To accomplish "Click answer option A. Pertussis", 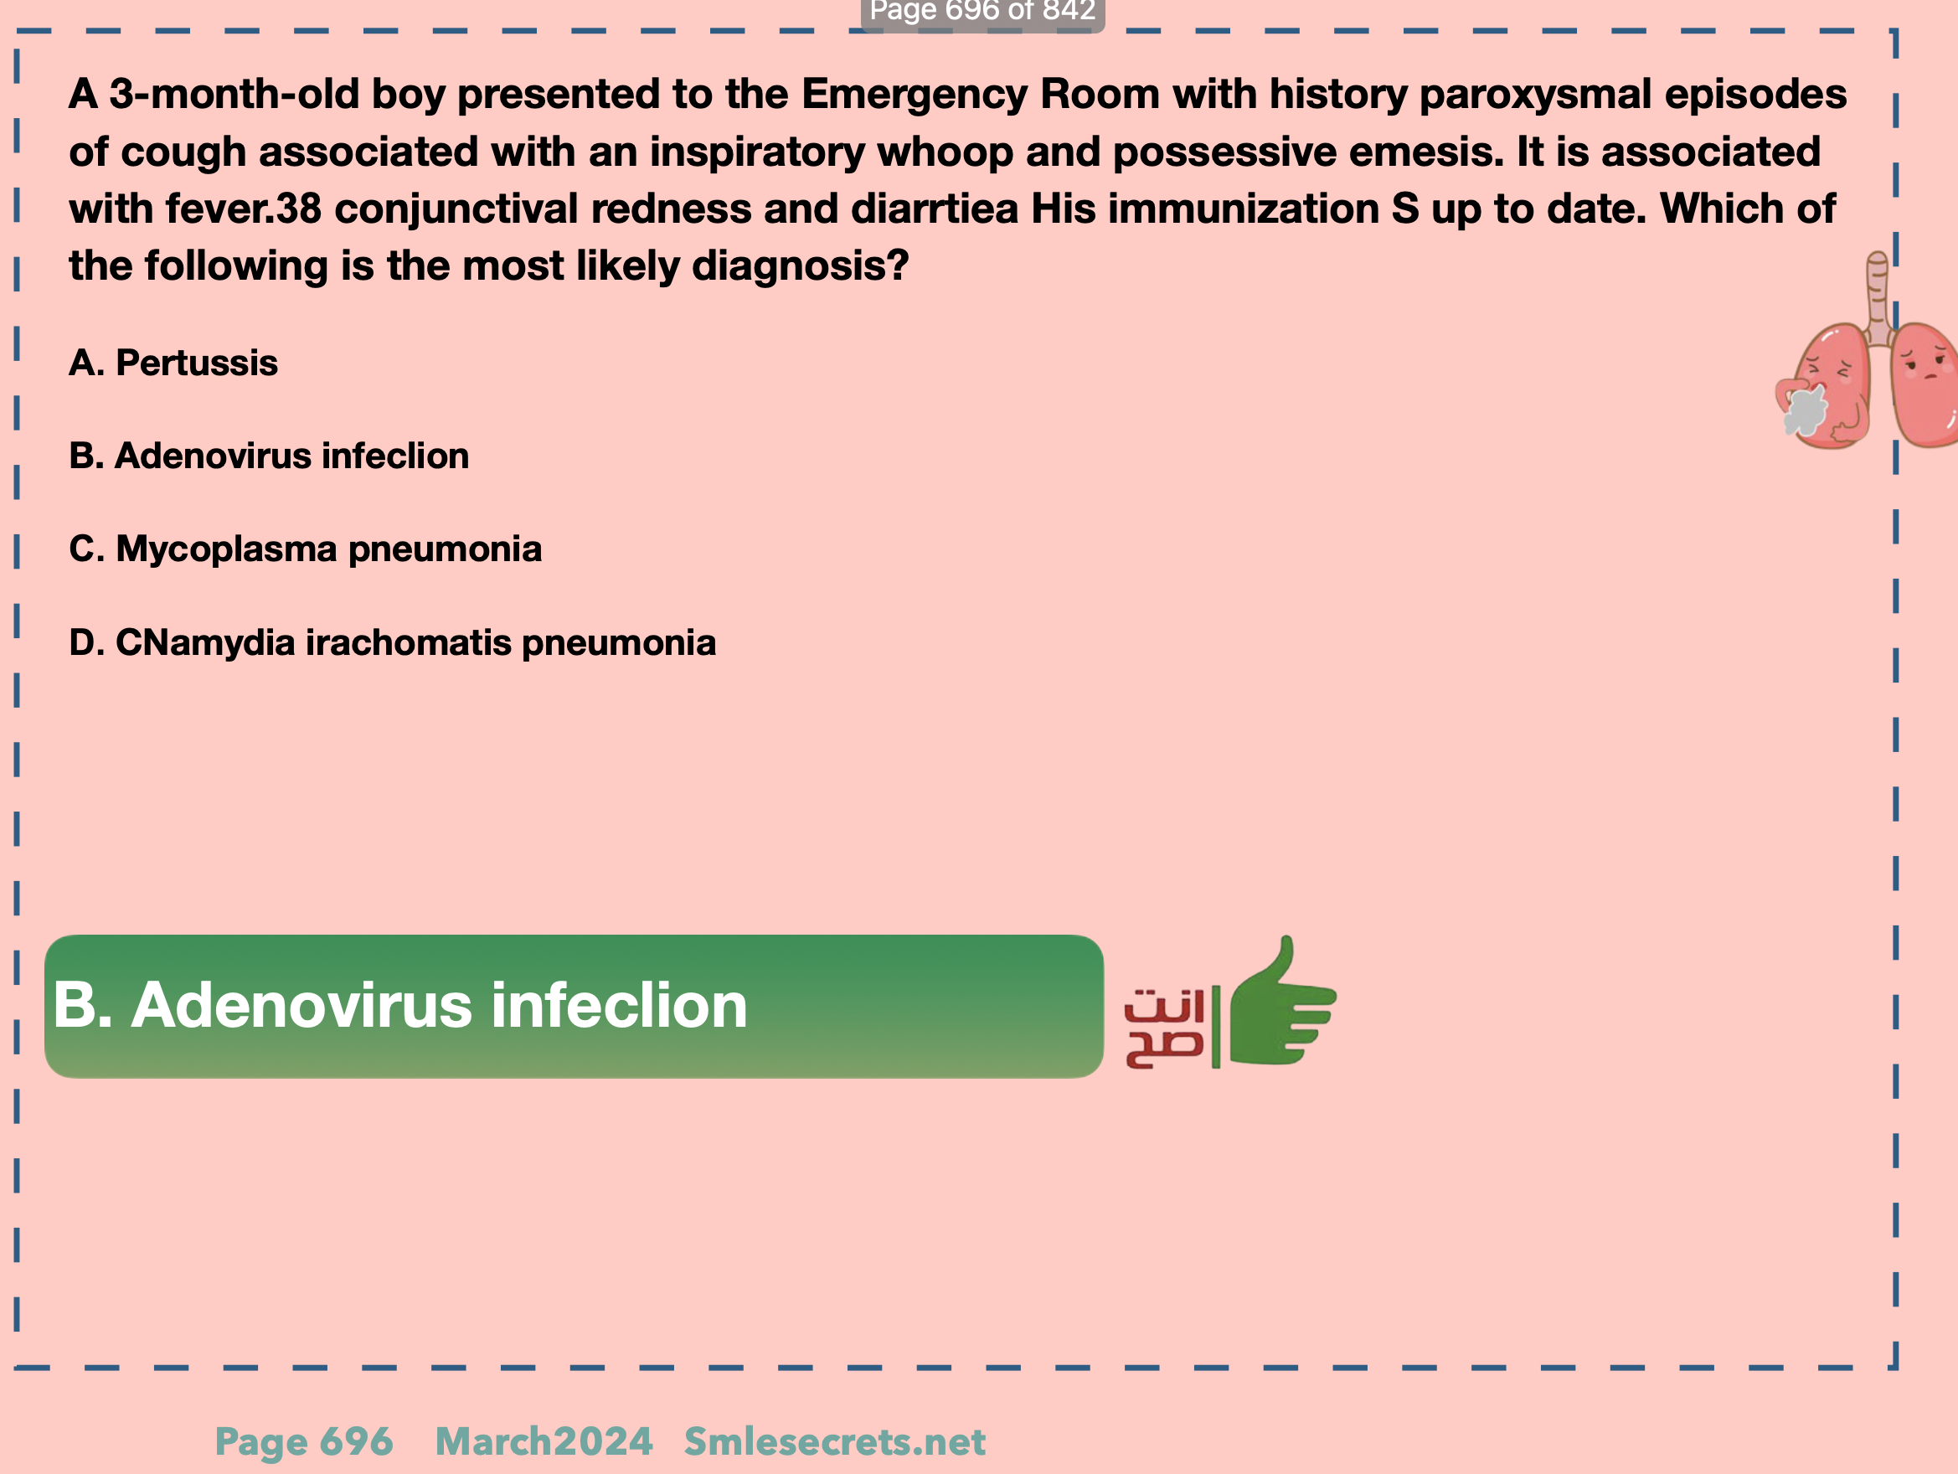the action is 173,363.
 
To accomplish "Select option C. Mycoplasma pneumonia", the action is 306,549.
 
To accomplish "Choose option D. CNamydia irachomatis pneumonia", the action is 392,642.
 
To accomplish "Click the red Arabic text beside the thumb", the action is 1164,1028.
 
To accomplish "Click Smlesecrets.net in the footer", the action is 835,1441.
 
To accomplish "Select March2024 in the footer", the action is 544,1441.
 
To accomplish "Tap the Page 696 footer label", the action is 305,1441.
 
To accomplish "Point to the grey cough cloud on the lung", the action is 1804,410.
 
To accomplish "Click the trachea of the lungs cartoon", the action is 1878,296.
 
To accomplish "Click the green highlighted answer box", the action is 574,1006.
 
